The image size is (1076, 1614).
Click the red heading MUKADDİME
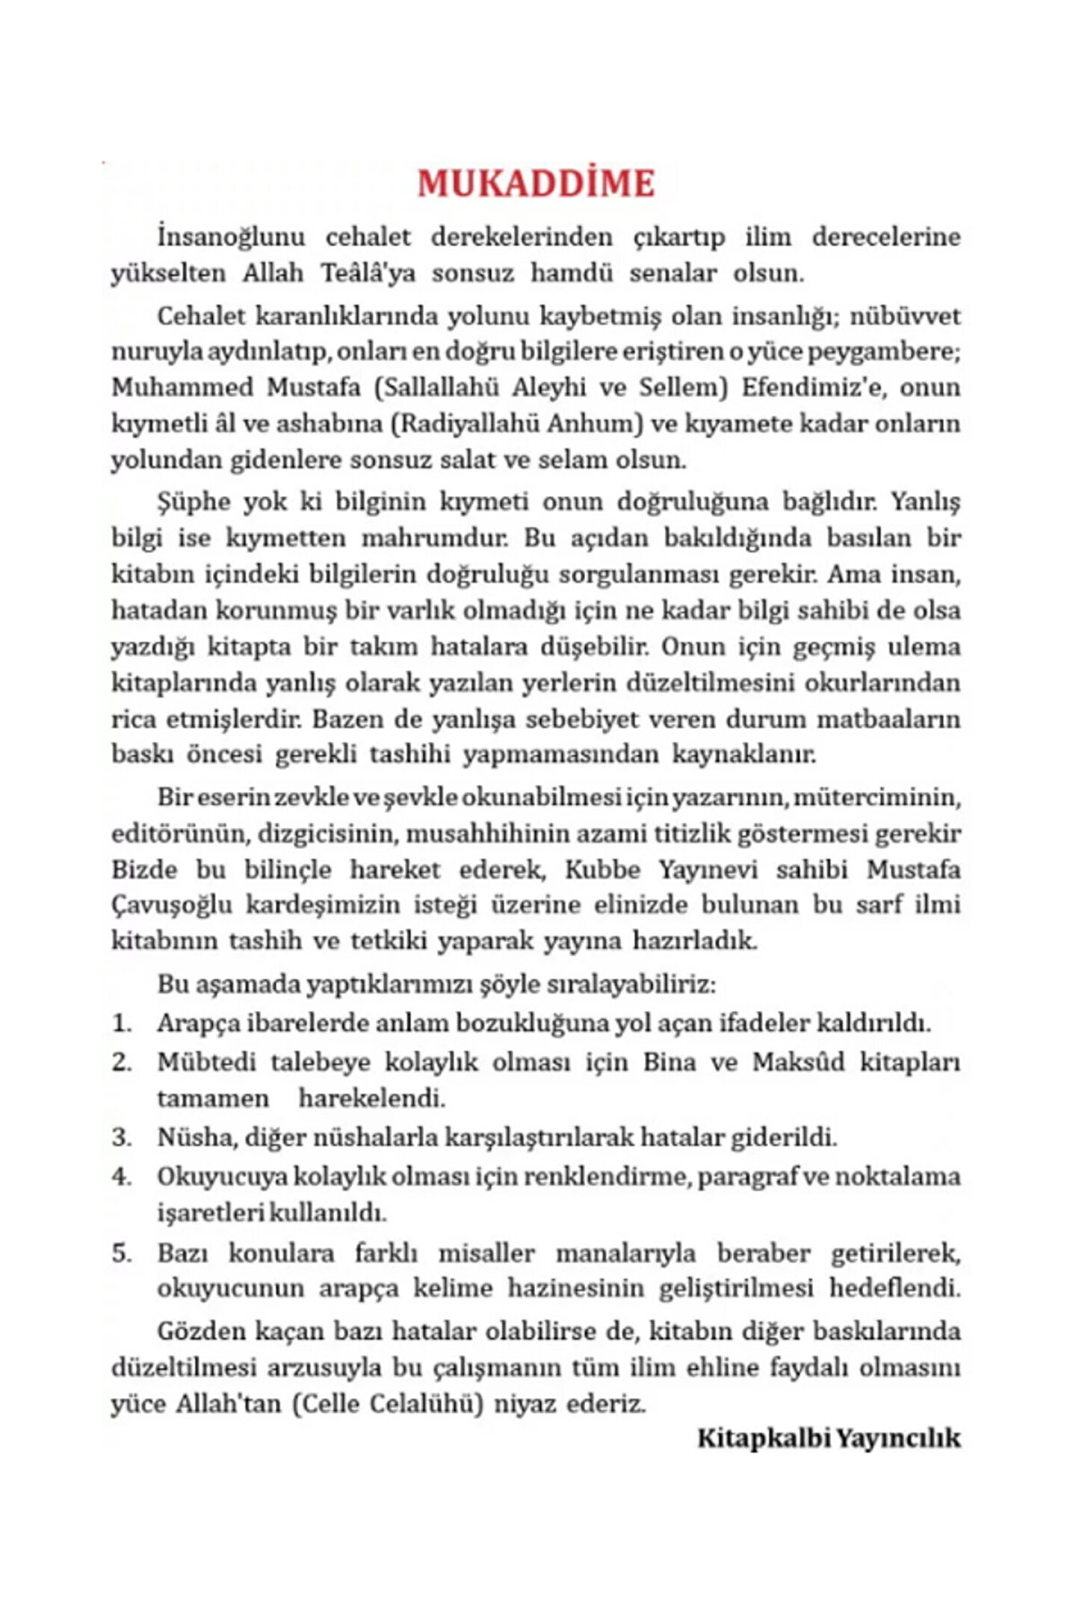536,184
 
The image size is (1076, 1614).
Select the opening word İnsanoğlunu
231,237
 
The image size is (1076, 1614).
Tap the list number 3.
121,1137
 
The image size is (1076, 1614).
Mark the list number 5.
121,1252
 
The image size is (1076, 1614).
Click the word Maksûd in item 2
797,1061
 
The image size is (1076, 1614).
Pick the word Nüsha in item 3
191,1137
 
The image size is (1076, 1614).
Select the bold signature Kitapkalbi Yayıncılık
829,1438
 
